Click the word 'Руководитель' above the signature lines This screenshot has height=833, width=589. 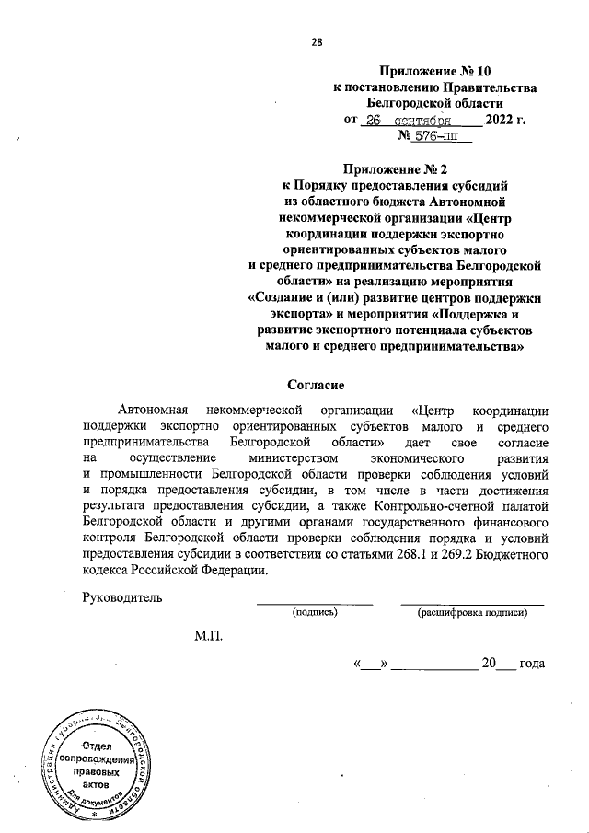tap(122, 596)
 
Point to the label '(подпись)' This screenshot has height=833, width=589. tap(315, 611)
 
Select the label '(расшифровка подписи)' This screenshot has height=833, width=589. tap(472, 611)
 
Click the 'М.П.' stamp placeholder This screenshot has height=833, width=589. tap(209, 636)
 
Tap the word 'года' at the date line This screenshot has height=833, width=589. tap(533, 663)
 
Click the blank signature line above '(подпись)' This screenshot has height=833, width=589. tap(315, 603)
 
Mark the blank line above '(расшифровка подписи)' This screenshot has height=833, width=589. tap(472, 603)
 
